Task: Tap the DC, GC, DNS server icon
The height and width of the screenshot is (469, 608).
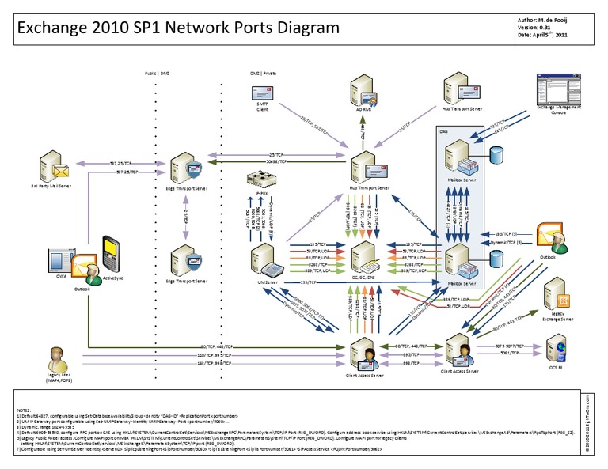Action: coord(366,256)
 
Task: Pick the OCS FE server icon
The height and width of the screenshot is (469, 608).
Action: coord(558,349)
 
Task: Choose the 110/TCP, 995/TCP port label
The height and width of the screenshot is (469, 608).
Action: coord(213,356)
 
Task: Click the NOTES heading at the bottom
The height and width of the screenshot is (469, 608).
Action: coord(23,409)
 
